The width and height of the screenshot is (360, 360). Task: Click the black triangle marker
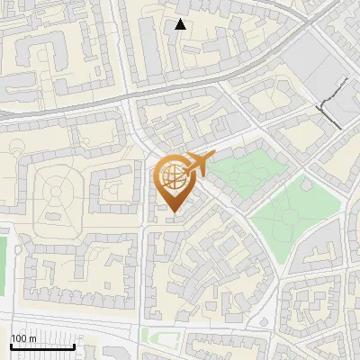pyautogui.click(x=180, y=24)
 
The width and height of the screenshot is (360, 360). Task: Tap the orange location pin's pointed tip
pyautogui.click(x=172, y=211)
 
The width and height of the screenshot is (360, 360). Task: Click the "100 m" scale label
pyautogui.click(x=23, y=338)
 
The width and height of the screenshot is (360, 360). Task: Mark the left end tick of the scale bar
pyautogui.click(x=11, y=346)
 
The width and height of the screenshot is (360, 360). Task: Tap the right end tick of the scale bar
pyautogui.click(x=74, y=346)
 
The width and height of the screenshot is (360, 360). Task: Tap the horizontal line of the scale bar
pyautogui.click(x=42, y=346)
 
